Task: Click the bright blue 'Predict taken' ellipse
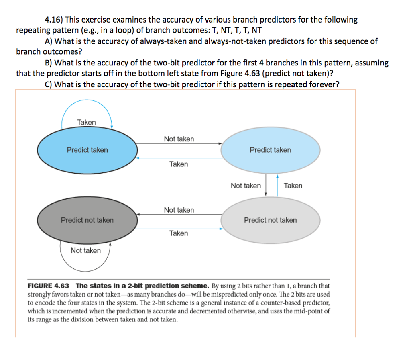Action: click(x=87, y=150)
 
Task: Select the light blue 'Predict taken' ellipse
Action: click(x=270, y=150)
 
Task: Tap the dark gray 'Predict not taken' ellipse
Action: click(x=87, y=220)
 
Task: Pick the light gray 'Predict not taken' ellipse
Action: click(x=270, y=220)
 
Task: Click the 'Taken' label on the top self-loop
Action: click(x=86, y=122)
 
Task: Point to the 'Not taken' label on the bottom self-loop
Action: click(x=86, y=251)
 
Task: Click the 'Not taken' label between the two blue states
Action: click(x=179, y=139)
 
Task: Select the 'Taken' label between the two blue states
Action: click(x=179, y=164)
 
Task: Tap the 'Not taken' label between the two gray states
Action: click(x=179, y=210)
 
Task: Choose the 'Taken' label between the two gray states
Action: click(x=179, y=233)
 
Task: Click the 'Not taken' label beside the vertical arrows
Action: click(x=246, y=186)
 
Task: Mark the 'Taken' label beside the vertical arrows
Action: click(x=293, y=186)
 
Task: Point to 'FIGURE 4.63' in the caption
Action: click(x=48, y=286)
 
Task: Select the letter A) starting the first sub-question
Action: click(x=49, y=41)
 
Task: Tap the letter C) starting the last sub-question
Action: click(x=49, y=84)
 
